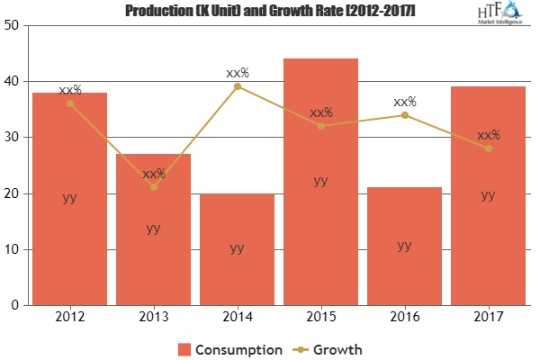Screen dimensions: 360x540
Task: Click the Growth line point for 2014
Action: tap(237, 86)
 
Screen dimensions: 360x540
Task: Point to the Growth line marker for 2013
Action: tap(154, 187)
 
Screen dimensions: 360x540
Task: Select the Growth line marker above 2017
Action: tap(488, 148)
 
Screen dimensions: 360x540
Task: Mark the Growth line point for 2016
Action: tap(404, 115)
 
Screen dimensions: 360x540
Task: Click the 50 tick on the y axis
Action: tap(12, 25)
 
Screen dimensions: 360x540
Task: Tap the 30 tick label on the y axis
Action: tap(12, 138)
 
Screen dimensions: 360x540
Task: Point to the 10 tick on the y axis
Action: tap(12, 249)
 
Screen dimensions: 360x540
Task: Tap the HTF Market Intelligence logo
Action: tap(500, 16)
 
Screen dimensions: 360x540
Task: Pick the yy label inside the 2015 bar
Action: tap(320, 180)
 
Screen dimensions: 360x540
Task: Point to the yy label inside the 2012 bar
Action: tap(70, 198)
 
